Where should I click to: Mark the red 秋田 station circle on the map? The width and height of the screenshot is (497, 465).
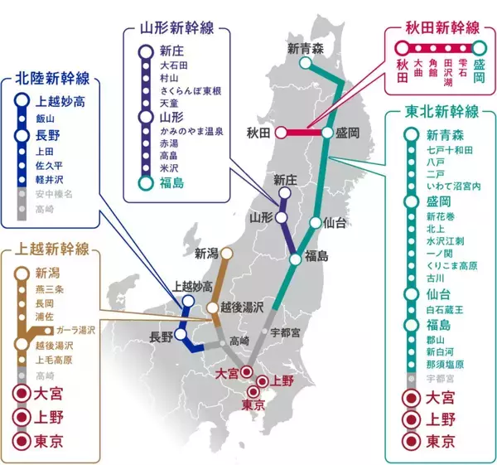tap(281, 132)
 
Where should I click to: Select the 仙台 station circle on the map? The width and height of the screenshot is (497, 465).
tap(315, 222)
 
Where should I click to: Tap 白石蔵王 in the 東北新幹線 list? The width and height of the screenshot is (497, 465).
tap(444, 308)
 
